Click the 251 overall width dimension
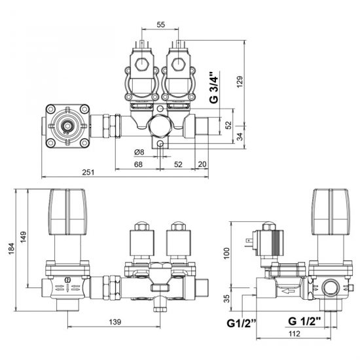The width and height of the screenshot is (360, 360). pyautogui.click(x=88, y=172)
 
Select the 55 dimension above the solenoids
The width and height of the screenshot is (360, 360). pyautogui.click(x=161, y=25)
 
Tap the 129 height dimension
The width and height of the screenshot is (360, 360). pyautogui.click(x=240, y=82)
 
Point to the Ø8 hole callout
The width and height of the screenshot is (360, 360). pyautogui.click(x=139, y=152)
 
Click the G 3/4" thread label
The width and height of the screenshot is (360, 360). pyautogui.click(x=214, y=88)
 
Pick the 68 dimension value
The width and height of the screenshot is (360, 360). pyautogui.click(x=138, y=164)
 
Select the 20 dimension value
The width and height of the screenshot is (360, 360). pyautogui.click(x=202, y=164)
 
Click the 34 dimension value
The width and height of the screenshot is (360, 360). pyautogui.click(x=240, y=137)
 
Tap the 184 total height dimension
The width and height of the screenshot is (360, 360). pyautogui.click(x=11, y=249)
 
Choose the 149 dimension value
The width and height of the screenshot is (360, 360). pyautogui.click(x=24, y=237)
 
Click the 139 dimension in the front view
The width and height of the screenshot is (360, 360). pyautogui.click(x=115, y=322)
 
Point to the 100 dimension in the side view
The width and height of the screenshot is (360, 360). pyautogui.click(x=226, y=253)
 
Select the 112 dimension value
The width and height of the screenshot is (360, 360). pyautogui.click(x=295, y=334)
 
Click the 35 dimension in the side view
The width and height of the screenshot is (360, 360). pyautogui.click(x=226, y=298)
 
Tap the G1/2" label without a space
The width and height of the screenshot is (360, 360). pyautogui.click(x=242, y=323)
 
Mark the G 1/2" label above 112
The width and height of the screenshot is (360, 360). pyautogui.click(x=304, y=321)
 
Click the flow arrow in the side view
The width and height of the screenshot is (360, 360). pyautogui.click(x=288, y=291)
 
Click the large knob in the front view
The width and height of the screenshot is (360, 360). pyautogui.click(x=68, y=211)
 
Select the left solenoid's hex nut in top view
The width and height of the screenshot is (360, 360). pyautogui.click(x=142, y=64)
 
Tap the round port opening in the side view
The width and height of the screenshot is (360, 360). pyautogui.click(x=331, y=289)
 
